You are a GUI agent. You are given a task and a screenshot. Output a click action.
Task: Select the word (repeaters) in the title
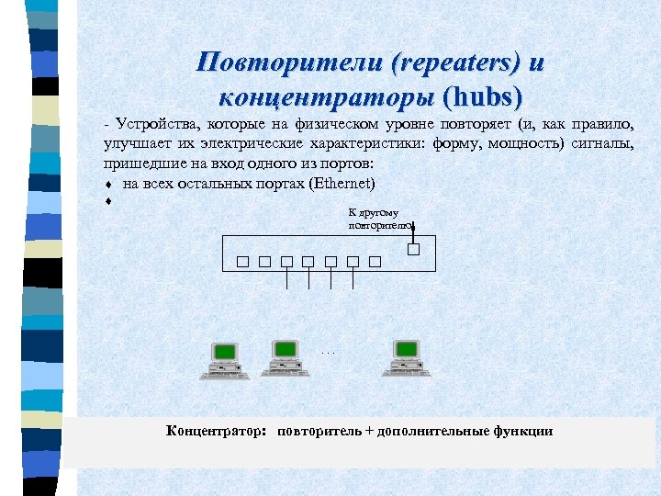pyautogui.click(x=454, y=62)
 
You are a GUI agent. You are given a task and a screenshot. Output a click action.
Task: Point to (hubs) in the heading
pyautogui.click(x=482, y=96)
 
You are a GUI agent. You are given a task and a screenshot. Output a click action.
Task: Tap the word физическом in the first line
pyautogui.click(x=324, y=125)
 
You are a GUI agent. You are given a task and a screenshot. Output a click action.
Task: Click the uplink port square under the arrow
pyautogui.click(x=413, y=248)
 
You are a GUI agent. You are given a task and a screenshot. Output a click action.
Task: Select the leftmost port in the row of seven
pyautogui.click(x=241, y=262)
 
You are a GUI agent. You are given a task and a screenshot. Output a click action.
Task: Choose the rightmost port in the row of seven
pyautogui.click(x=375, y=262)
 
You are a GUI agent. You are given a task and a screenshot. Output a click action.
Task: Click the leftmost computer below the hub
pyautogui.click(x=225, y=359)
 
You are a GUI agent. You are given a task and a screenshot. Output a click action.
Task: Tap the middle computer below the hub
pyautogui.click(x=286, y=359)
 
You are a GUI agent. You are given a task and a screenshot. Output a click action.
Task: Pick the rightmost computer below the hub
pyautogui.click(x=405, y=359)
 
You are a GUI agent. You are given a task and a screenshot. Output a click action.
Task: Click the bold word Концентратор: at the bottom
pyautogui.click(x=217, y=430)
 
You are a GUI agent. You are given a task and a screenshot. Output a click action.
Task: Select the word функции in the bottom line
pyautogui.click(x=523, y=430)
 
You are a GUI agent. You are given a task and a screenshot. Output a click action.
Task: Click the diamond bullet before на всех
pyautogui.click(x=108, y=184)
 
